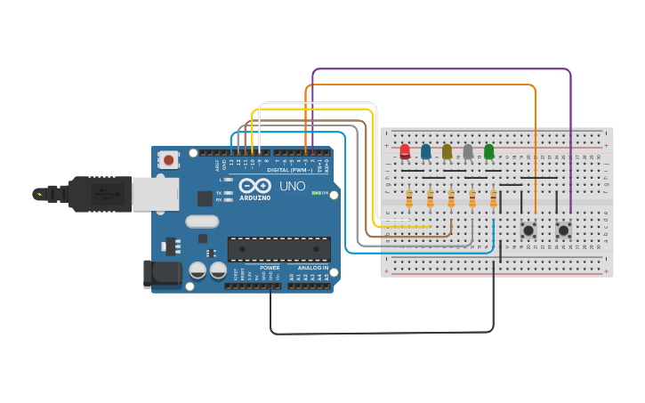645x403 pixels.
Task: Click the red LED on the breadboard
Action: [405, 151]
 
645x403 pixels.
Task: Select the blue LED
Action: [426, 151]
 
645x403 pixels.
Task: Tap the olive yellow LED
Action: [447, 151]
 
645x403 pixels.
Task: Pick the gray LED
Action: [468, 151]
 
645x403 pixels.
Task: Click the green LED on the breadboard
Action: [488, 151]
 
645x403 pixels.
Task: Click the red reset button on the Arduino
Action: [167, 160]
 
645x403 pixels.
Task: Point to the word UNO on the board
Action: [293, 187]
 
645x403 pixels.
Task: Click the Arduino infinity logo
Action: [254, 186]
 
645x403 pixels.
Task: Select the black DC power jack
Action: [163, 274]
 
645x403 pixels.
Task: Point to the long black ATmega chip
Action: [278, 249]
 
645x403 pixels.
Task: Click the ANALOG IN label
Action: [312, 268]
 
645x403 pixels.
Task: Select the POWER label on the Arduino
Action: [270, 268]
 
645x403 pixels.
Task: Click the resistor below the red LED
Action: [408, 198]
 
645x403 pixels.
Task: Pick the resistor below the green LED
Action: [493, 198]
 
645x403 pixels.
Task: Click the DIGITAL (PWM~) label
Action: [289, 170]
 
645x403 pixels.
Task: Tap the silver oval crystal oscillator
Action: [202, 222]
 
